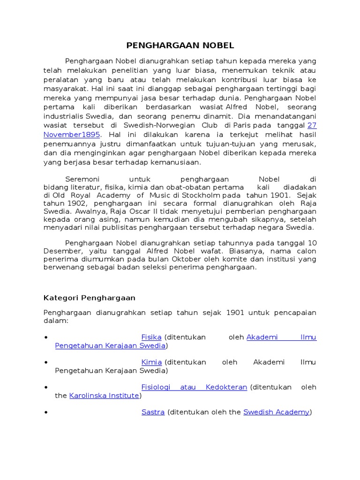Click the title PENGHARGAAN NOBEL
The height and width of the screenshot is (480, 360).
click(180, 45)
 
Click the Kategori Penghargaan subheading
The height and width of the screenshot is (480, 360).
click(90, 298)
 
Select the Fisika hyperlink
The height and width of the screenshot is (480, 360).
click(151, 337)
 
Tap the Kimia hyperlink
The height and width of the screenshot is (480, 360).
click(151, 362)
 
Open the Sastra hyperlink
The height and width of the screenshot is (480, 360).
click(153, 412)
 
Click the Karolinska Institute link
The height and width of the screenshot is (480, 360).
click(104, 396)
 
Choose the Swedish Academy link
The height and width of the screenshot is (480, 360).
click(277, 412)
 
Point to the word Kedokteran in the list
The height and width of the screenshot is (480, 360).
click(226, 387)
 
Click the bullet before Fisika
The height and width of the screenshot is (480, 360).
click(46, 337)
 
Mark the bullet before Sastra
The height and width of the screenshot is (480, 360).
click(46, 413)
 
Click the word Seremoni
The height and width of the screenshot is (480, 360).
click(81, 179)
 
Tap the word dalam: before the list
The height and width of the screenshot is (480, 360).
click(56, 321)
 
